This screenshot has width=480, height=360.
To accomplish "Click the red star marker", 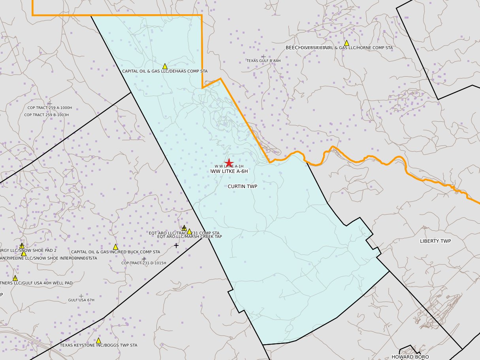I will tap(229, 163).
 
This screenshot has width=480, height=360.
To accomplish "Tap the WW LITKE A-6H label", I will tap(230, 171).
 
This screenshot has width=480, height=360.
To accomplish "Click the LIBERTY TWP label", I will tap(435, 241).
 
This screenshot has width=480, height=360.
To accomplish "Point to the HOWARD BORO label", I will tap(410, 356).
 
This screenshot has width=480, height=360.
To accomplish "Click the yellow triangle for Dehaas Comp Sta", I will tap(165, 66).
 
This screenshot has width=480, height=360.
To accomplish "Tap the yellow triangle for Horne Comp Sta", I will tap(346, 43).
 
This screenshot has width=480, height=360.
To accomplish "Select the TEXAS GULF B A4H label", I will tap(264, 60).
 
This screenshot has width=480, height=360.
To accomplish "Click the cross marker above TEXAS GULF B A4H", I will tap(263, 57).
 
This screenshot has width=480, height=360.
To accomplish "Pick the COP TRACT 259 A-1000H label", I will tap(50, 107).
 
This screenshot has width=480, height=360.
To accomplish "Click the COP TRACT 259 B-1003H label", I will tap(47, 115).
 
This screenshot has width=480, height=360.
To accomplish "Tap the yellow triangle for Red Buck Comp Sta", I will tap(115, 247).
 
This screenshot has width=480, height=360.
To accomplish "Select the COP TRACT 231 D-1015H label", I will tap(144, 263).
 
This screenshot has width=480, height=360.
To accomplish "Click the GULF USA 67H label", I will tap(81, 300).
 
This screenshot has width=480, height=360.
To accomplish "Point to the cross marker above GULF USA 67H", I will tap(81, 296).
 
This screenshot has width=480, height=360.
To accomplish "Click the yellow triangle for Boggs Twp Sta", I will tap(98, 340).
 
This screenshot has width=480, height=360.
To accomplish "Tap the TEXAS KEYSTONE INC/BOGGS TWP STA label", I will tap(99, 345).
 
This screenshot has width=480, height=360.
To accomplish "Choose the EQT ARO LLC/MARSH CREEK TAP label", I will tap(190, 236).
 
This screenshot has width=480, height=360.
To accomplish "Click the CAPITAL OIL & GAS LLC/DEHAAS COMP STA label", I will tap(165, 71).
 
